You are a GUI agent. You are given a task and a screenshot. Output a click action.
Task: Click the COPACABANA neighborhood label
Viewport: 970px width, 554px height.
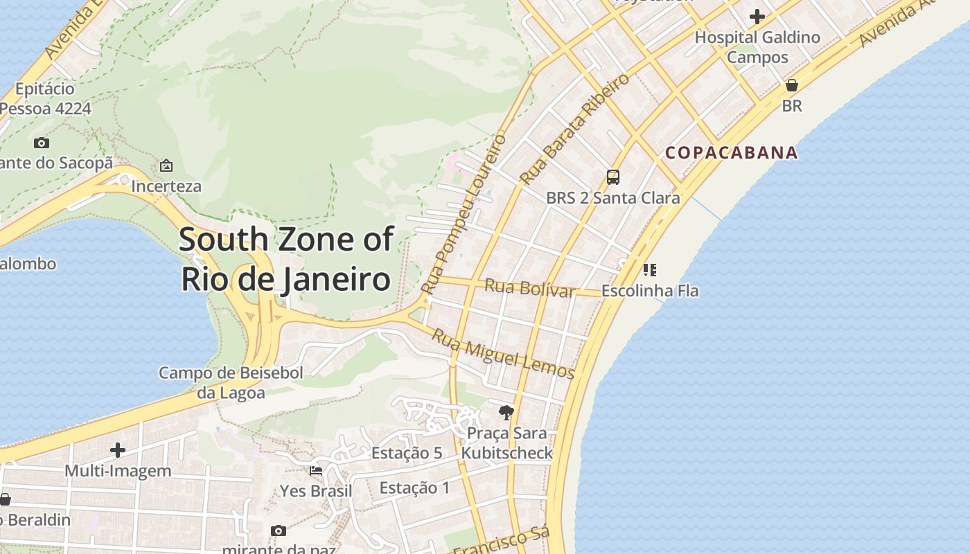click(x=732, y=152)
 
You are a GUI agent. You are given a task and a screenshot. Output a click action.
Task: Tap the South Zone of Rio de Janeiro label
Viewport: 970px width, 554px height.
click(x=286, y=259)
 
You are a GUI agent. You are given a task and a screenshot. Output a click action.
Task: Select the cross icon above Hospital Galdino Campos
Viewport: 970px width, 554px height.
click(x=757, y=16)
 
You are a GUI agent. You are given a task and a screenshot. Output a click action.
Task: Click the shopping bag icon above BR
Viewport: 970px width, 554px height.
click(x=791, y=85)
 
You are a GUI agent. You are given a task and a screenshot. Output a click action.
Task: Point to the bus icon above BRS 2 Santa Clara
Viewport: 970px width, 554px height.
click(x=613, y=177)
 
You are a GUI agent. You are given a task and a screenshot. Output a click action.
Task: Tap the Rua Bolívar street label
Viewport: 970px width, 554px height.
click(x=530, y=287)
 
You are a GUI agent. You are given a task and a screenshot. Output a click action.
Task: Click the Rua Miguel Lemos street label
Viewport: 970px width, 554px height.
click(x=503, y=354)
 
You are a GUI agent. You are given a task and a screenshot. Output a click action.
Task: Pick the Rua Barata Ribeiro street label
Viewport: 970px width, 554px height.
click(x=574, y=129)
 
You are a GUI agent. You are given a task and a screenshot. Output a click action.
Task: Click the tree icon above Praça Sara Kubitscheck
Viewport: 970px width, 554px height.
click(x=506, y=413)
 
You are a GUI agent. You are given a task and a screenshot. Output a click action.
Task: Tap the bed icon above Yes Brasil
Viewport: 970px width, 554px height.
click(x=316, y=471)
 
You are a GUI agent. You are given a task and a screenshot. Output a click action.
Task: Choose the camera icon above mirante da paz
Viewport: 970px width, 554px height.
click(x=278, y=531)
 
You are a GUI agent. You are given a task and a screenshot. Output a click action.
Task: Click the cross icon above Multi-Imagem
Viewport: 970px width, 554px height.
click(x=118, y=450)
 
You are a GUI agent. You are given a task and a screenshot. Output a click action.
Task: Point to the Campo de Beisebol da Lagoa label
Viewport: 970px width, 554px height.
click(x=231, y=383)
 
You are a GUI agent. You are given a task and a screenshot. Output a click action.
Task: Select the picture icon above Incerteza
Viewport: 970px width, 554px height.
click(x=166, y=166)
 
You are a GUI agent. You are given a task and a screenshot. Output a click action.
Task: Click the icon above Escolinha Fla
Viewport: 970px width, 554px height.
click(x=649, y=269)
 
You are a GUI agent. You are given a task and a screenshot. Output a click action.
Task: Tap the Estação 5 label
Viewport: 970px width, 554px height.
click(x=407, y=453)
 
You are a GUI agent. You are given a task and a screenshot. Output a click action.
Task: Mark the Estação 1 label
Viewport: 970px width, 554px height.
click(x=414, y=488)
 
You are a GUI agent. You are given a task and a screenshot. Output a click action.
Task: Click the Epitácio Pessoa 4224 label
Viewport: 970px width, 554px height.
click(x=45, y=98)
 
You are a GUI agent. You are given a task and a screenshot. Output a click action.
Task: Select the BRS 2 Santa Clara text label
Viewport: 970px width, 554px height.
click(x=613, y=198)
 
